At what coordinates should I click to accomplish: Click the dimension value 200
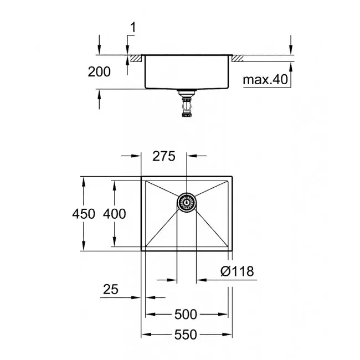click(99, 71)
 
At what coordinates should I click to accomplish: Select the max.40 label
click(266, 80)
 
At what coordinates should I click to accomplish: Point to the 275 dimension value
click(164, 156)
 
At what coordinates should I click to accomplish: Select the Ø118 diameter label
click(236, 271)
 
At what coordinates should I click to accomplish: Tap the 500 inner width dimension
click(185, 315)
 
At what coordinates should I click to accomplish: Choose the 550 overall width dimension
click(185, 335)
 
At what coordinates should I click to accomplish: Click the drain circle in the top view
click(187, 203)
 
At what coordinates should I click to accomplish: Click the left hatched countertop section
click(136, 58)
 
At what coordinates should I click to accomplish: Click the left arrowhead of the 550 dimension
click(145, 335)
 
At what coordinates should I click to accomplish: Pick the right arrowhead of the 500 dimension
click(227, 315)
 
